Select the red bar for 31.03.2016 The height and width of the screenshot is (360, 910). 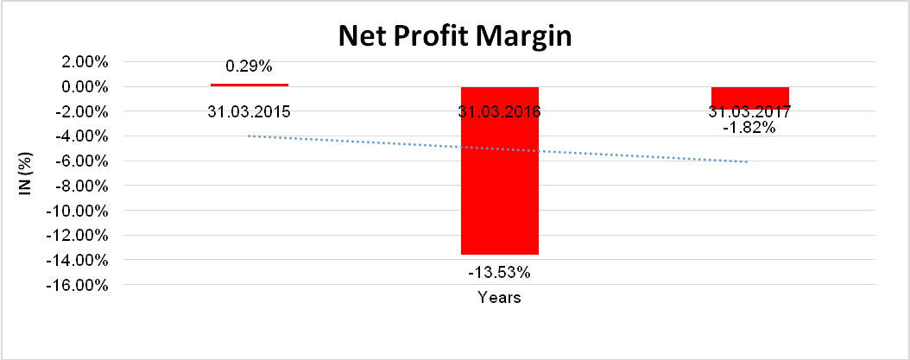coord(500,190)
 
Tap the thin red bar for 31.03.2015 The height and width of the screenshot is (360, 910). coord(250,85)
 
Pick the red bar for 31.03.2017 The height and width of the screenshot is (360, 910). coord(750,94)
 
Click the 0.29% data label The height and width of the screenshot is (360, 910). coord(250,66)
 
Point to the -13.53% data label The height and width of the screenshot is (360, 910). coord(500,273)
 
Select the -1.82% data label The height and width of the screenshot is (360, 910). coord(749,128)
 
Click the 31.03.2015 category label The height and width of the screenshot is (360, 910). coord(250,111)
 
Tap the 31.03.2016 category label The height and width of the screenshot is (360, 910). coord(500,111)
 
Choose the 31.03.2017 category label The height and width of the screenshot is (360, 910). coord(750,111)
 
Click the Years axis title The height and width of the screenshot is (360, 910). coord(500,298)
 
